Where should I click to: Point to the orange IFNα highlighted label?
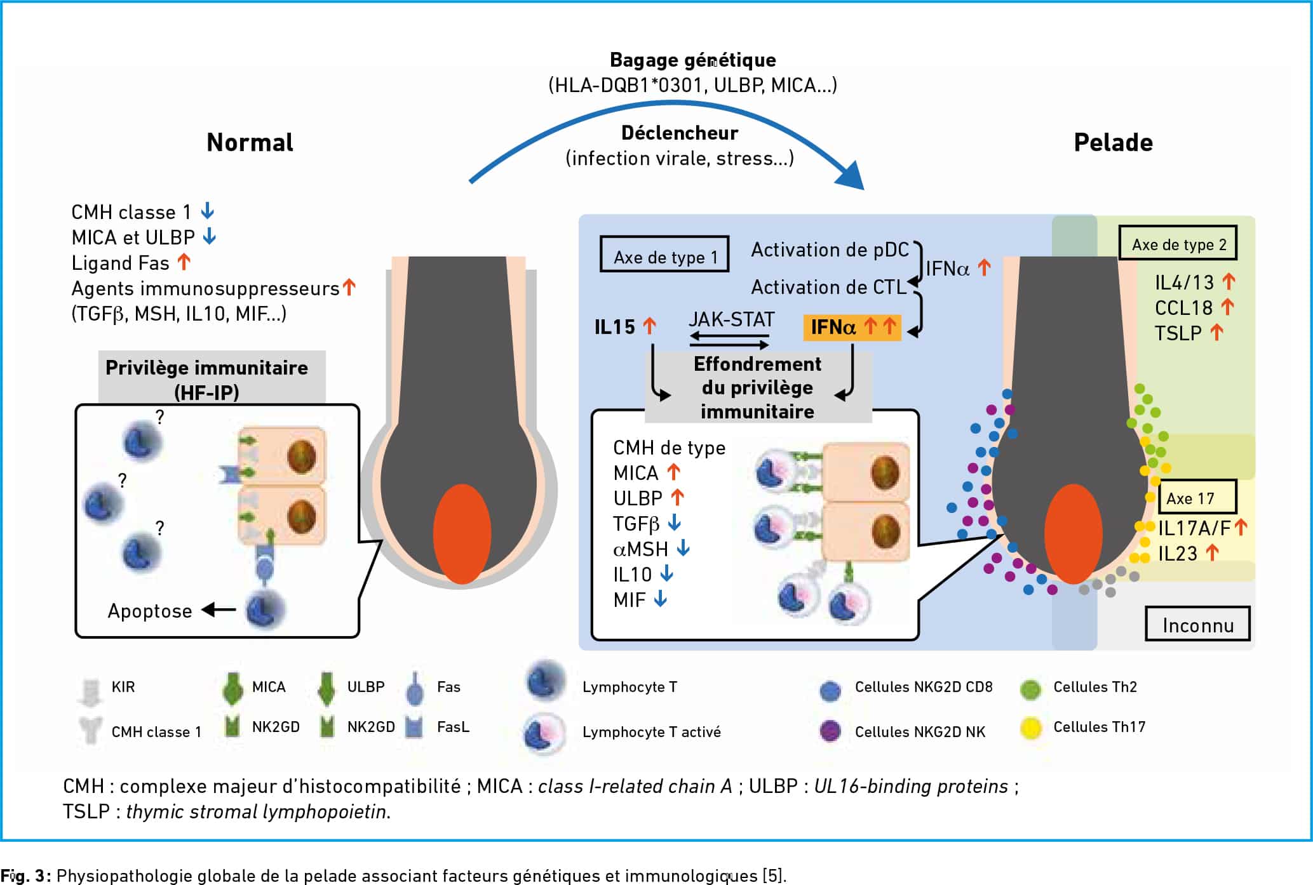(852, 327)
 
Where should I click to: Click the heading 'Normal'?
(250, 143)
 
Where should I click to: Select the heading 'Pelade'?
(1113, 143)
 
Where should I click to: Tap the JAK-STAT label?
(732, 319)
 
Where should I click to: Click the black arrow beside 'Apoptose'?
(219, 610)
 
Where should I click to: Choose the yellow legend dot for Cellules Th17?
(1030, 728)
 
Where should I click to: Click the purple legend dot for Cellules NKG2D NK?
(830, 731)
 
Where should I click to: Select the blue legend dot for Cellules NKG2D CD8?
(830, 690)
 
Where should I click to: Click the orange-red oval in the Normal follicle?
(462, 534)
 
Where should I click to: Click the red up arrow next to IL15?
(649, 326)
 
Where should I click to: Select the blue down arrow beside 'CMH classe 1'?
(207, 211)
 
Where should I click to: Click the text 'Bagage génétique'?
(693, 60)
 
